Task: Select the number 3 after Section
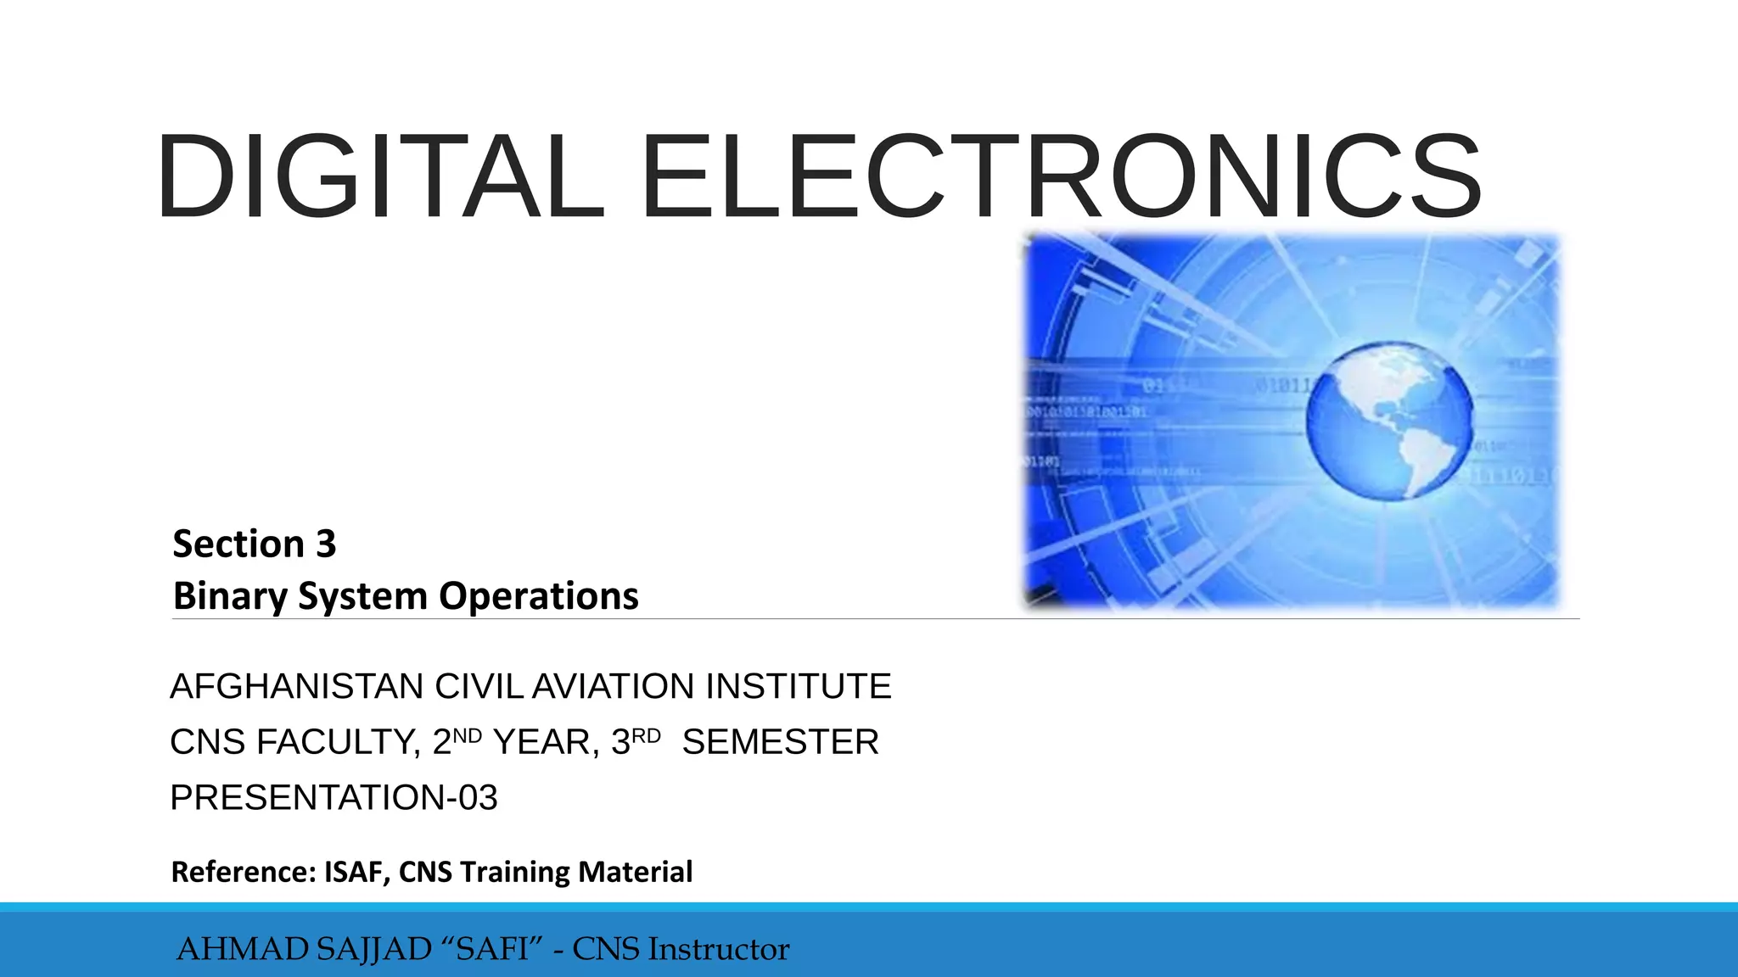[x=326, y=544]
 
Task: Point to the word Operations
[x=538, y=596]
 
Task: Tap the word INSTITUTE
[x=799, y=686]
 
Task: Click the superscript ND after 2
[x=468, y=735]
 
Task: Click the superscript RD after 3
[x=647, y=735]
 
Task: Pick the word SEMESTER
[x=780, y=742]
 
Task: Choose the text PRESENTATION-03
[x=334, y=798]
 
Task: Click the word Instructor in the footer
[x=718, y=949]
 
